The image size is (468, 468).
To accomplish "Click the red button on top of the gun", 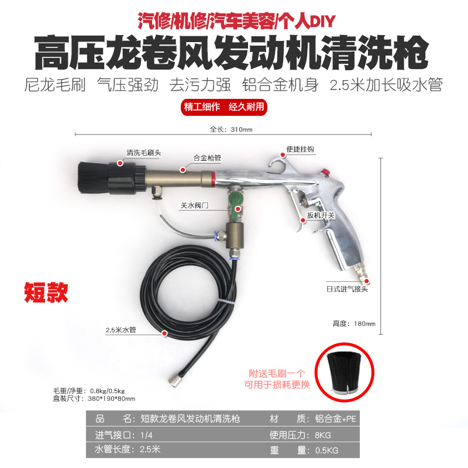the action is pos(325,172).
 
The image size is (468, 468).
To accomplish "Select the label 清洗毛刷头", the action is pos(143,153).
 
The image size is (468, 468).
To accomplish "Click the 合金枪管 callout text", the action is pos(207,158).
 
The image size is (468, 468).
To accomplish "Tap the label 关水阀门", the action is pos(194,205).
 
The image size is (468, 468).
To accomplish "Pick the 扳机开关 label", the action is pos(321,215).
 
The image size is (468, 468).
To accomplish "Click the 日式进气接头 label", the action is pos(347,289).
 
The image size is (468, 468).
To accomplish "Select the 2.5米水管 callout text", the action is pos(121,330).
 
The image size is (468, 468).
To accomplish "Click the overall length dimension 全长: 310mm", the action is pos(231,129).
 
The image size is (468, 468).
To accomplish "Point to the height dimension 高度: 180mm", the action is pos(354,324).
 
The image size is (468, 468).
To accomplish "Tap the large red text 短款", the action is pos(46,292).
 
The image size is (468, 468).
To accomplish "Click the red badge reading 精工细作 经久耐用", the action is pos(224,107).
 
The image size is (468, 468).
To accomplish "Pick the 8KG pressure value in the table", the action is pos(323,435).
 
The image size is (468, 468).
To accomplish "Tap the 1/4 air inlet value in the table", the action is pos(146,435).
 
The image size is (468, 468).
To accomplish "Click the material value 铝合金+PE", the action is pos(335,419).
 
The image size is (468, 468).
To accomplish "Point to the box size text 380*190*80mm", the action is pos(112,398).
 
